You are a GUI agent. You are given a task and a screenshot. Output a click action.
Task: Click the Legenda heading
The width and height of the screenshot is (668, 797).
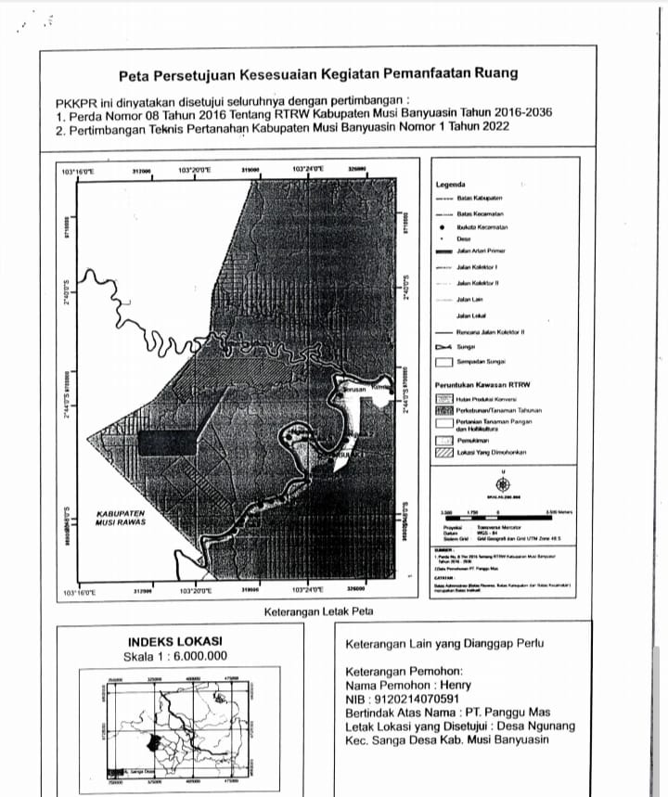pyautogui.click(x=450, y=185)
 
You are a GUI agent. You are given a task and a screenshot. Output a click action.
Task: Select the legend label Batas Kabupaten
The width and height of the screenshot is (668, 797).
pyautogui.click(x=480, y=198)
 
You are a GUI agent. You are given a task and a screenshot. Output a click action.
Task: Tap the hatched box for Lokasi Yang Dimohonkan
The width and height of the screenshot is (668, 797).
pyautogui.click(x=443, y=452)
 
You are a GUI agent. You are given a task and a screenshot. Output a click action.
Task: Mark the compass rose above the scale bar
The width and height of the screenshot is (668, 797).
pyautogui.click(x=502, y=483)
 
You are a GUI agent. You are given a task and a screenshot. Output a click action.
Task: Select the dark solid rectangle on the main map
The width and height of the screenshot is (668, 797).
pyautogui.click(x=166, y=442)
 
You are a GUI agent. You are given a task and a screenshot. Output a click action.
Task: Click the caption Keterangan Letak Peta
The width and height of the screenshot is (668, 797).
pyautogui.click(x=318, y=611)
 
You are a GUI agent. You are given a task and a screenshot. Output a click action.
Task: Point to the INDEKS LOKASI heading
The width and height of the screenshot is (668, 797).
pyautogui.click(x=174, y=641)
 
